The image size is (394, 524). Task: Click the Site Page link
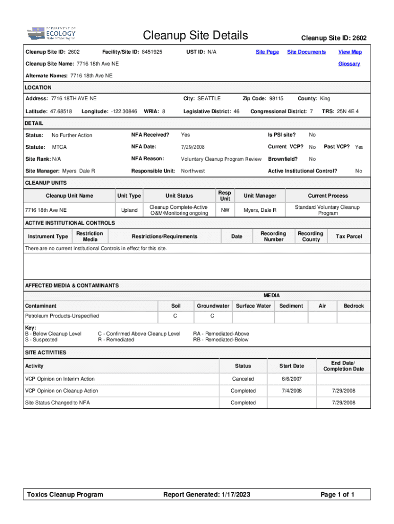point(267,52)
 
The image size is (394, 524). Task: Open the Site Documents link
point(306,52)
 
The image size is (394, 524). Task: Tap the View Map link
point(349,52)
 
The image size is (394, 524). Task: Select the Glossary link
point(349,64)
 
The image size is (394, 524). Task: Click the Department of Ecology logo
point(51,34)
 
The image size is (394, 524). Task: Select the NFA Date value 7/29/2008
point(192,147)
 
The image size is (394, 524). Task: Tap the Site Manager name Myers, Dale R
point(78,171)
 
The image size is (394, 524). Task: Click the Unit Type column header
point(129,196)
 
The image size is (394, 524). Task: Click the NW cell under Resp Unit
point(225,210)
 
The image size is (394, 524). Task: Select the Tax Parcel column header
point(348,236)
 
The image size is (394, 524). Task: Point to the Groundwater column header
point(213,306)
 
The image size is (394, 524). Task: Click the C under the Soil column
point(176,316)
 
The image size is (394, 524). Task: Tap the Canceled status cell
point(243,379)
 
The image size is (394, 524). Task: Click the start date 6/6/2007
point(292,379)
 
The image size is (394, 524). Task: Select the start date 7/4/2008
point(292,391)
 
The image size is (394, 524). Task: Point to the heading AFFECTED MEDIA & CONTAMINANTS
point(72,286)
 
